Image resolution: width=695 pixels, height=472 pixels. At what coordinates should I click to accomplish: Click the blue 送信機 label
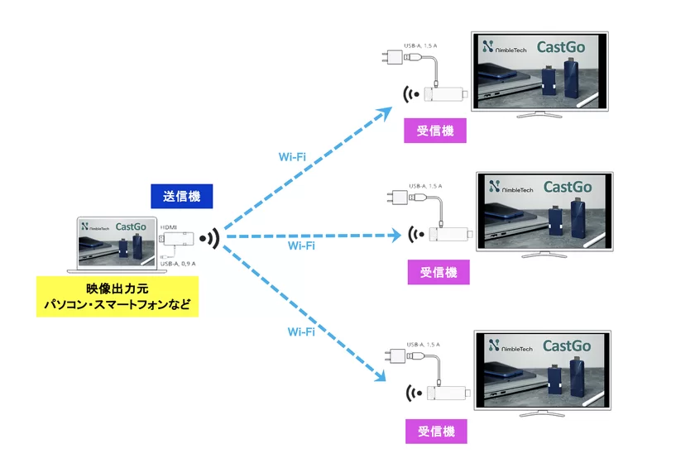(181, 197)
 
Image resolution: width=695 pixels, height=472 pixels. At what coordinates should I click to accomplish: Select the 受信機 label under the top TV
(434, 131)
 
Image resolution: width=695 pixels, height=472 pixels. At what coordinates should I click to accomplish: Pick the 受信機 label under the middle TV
(439, 272)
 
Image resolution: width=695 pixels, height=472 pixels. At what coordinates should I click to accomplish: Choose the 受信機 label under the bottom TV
(436, 431)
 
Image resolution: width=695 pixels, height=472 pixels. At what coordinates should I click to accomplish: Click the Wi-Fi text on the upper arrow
(296, 156)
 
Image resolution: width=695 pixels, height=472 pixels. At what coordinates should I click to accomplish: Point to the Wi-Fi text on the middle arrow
(301, 246)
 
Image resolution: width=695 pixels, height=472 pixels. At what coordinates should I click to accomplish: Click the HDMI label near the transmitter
(169, 226)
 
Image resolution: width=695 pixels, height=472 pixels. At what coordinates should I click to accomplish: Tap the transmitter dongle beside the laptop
(178, 241)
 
